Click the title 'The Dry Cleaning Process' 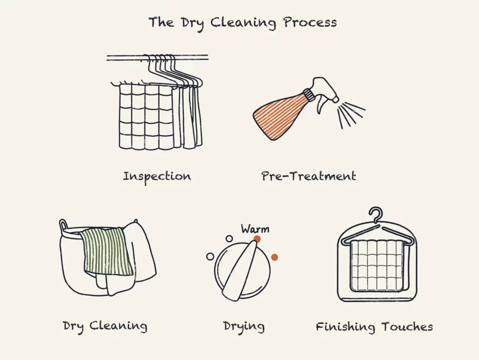coord(242,22)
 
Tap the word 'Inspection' coord(157,176)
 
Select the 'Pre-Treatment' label coord(309,176)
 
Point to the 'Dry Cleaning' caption coord(105,326)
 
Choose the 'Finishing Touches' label coord(374,326)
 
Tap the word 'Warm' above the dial coord(255,229)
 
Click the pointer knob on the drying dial coord(241,269)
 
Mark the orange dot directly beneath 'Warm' coord(257,239)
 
